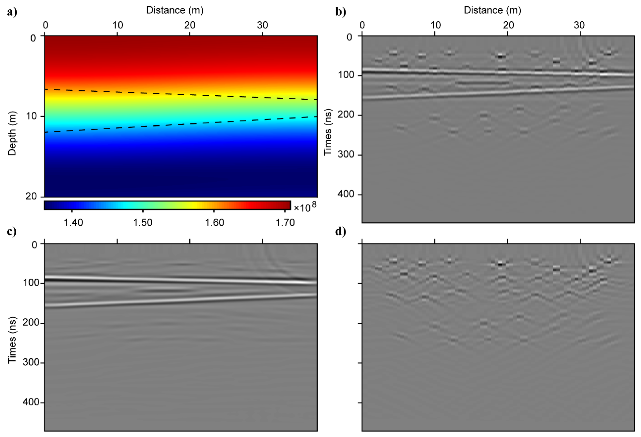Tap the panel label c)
tap(12, 231)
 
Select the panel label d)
tap(340, 231)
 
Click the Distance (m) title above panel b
tap(492, 10)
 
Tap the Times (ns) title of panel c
tap(12, 340)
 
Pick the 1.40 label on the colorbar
tap(73, 222)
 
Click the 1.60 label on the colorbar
tap(214, 222)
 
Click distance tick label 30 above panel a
tap(262, 25)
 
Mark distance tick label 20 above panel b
tap(508, 25)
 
